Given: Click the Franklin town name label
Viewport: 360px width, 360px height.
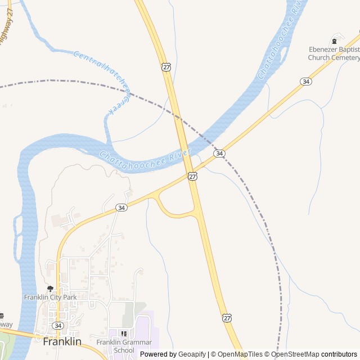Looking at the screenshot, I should point(62,341).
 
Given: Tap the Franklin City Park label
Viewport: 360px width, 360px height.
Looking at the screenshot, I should point(50,297).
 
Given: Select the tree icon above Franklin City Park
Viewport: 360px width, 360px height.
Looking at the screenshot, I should point(50,289).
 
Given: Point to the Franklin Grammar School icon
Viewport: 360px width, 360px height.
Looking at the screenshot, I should point(124,334).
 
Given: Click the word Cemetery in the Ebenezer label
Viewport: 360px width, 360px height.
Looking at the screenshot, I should point(341,57).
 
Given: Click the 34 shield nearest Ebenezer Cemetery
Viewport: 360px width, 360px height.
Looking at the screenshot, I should point(306,82).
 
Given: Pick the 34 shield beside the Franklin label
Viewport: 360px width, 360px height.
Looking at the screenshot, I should point(57,326).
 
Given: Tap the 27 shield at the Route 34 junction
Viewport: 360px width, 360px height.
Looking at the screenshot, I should point(193,176).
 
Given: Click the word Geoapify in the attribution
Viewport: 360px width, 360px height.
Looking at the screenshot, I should point(192,354).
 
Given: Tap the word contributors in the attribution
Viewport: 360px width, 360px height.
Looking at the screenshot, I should point(339,354).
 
